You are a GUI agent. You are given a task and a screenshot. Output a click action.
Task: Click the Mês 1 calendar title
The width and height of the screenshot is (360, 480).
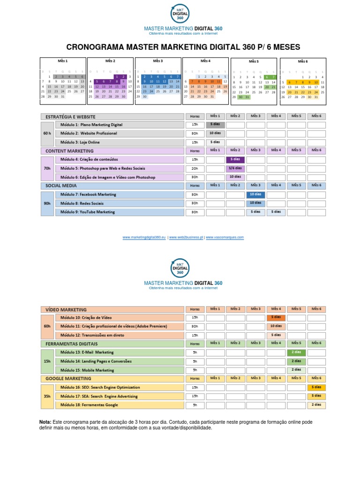(63, 61)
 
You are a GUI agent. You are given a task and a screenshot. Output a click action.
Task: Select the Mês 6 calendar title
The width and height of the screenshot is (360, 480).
(303, 61)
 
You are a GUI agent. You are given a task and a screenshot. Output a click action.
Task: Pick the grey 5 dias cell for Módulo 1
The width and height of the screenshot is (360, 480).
(215, 125)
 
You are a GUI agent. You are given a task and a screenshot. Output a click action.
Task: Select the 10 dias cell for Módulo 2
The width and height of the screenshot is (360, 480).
(215, 134)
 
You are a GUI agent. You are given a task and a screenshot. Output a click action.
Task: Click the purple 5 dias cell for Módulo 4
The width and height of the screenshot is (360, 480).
(235, 159)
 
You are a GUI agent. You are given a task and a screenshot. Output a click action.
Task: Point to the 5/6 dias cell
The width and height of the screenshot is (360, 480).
(235, 168)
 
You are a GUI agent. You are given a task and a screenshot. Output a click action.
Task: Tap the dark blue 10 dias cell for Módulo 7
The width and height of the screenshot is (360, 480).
(255, 195)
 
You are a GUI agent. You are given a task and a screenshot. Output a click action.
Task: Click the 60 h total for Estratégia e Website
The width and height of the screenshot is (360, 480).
(47, 134)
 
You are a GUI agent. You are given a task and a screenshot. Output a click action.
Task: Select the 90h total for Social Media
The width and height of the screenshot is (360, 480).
(47, 203)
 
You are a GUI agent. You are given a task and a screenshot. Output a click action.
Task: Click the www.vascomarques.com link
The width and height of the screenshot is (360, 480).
(225, 238)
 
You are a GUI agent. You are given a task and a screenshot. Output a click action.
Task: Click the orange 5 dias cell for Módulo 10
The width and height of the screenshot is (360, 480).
(276, 318)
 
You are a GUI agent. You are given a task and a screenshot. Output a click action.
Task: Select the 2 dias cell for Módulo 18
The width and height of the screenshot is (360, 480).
(316, 405)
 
